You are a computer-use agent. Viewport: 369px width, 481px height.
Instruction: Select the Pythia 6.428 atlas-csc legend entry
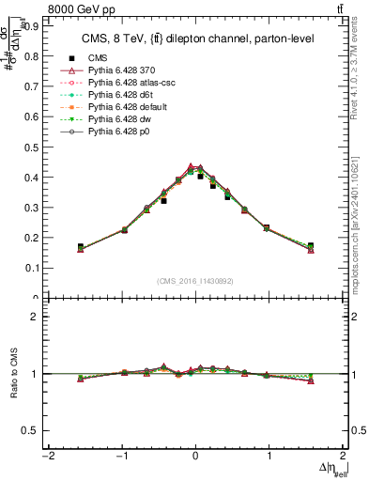coord(131,83)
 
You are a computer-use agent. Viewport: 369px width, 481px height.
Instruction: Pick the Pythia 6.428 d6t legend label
coord(122,95)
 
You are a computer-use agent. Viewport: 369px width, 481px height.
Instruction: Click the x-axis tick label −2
coord(47,456)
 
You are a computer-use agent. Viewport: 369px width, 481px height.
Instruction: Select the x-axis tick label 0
coord(195,456)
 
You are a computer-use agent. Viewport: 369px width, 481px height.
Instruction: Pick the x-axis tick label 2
coord(343,456)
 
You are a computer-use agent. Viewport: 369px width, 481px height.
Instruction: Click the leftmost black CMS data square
coord(81,246)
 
